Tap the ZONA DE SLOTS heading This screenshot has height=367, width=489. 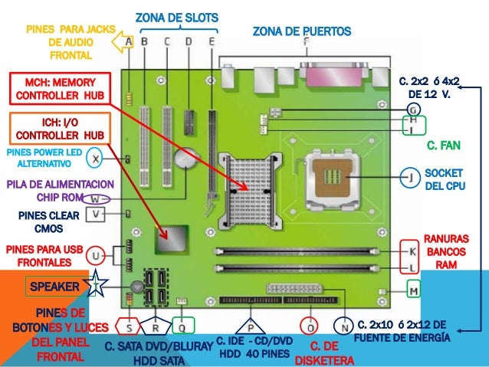pos(176,17)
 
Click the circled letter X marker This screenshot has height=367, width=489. pos(94,159)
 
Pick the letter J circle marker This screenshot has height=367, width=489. pos(412,179)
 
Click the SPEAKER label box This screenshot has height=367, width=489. pos(54,286)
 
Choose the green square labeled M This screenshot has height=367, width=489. pos(414,290)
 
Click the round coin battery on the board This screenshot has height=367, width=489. pos(185,159)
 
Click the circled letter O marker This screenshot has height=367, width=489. pos(309,325)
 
